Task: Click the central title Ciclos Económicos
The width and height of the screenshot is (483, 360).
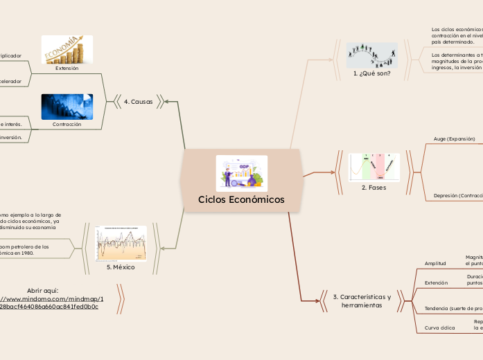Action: point(241,199)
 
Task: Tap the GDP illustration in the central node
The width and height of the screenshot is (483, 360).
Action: point(241,173)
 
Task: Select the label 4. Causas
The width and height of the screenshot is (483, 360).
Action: point(138,102)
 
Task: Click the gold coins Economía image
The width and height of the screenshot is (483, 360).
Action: point(67,50)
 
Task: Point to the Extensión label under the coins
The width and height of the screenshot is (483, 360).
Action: point(67,69)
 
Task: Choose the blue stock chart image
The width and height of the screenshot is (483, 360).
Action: point(67,107)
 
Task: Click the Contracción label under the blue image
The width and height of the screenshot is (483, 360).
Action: point(67,125)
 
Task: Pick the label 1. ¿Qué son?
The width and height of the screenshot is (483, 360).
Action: point(371,73)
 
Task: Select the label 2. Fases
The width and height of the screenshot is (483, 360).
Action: point(374,187)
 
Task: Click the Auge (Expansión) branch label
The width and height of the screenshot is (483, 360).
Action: point(454,138)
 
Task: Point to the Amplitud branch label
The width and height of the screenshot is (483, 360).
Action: point(435,263)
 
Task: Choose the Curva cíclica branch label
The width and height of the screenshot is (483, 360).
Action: point(439,327)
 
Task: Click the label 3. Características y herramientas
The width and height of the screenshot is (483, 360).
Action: point(362,301)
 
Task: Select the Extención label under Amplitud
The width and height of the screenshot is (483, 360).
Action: point(436,282)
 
